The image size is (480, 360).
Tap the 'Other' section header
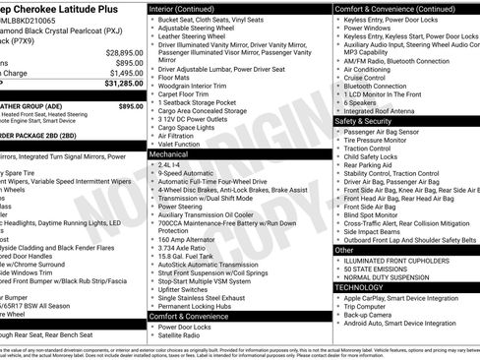click(x=344, y=250)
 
